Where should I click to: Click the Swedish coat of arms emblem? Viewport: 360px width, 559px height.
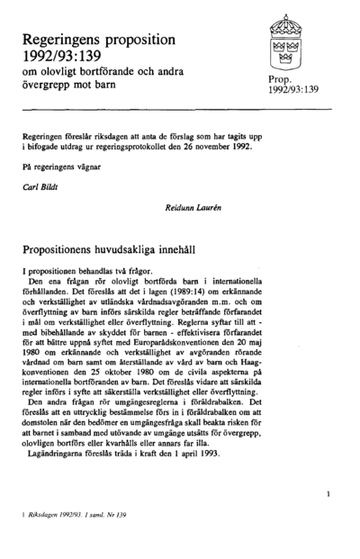288,41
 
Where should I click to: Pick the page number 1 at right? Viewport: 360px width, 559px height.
328,492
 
